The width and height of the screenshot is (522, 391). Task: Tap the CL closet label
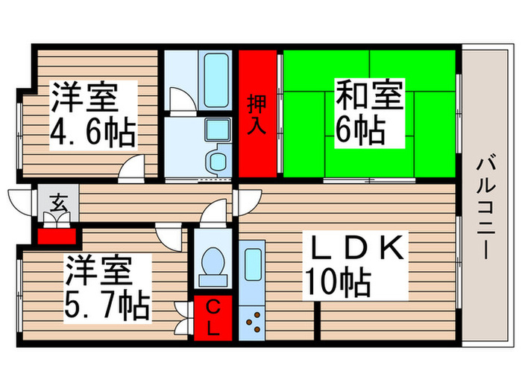[x=213, y=318]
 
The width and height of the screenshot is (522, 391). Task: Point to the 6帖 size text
[x=359, y=132]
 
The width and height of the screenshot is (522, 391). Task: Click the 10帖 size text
[x=338, y=282]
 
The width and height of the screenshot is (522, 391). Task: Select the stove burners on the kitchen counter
[x=254, y=320]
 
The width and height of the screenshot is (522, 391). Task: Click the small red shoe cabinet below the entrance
[x=57, y=237]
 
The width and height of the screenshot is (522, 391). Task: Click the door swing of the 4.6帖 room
[x=132, y=168]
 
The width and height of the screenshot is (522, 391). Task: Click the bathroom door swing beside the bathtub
[x=180, y=100]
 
